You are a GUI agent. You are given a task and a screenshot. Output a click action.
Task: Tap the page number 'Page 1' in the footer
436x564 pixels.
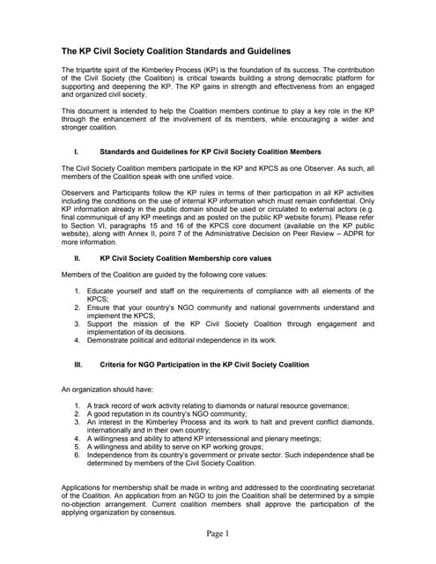pos(218,533)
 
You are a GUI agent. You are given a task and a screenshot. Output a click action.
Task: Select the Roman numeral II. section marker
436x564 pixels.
pos(78,258)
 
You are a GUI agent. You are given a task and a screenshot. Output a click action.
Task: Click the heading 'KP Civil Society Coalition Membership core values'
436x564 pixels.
pos(186,258)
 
